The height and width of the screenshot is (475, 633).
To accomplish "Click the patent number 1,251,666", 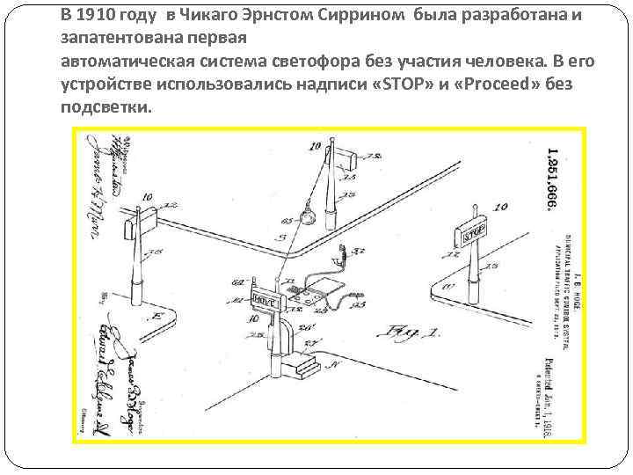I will tap(552, 176).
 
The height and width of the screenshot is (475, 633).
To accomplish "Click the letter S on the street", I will tap(280, 238).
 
